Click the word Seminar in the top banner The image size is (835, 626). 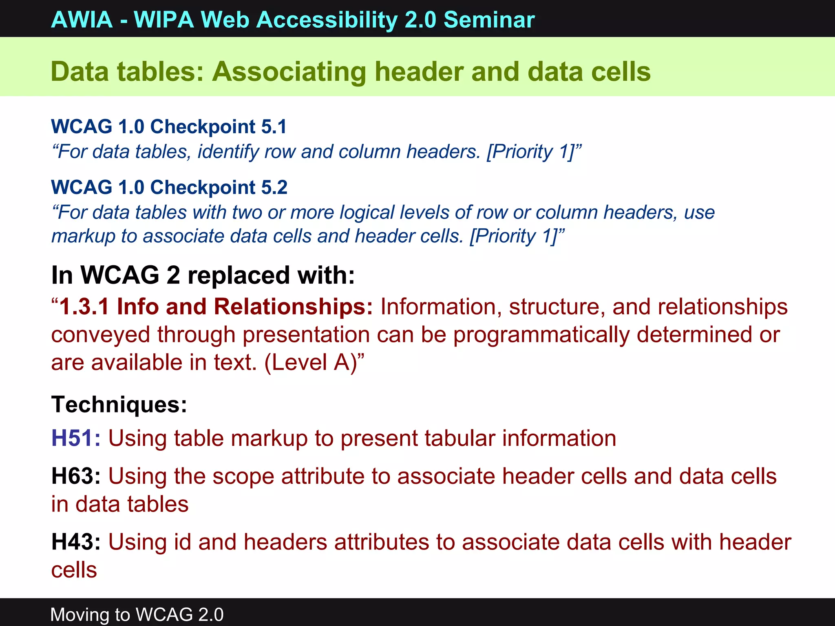pyautogui.click(x=489, y=20)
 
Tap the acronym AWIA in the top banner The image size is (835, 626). pyautogui.click(x=82, y=20)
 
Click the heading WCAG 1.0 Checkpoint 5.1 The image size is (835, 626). pyautogui.click(x=169, y=126)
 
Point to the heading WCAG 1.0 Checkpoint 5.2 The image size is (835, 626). pyautogui.click(x=169, y=187)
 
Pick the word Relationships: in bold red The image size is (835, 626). pyautogui.click(x=293, y=306)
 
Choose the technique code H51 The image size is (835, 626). pyautogui.click(x=72, y=438)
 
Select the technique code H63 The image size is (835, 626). pyautogui.click(x=72, y=476)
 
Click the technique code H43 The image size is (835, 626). pyautogui.click(x=72, y=542)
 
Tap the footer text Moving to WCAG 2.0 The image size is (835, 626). pyautogui.click(x=137, y=614)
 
